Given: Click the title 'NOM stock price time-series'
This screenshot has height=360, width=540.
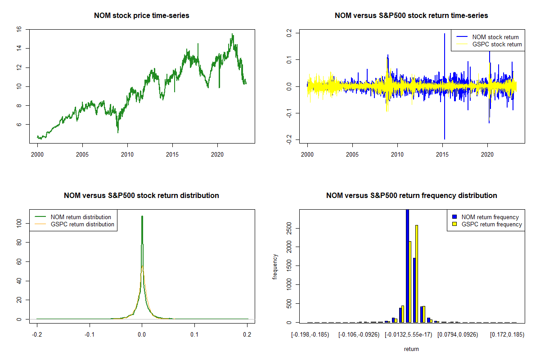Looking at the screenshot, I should [141, 16].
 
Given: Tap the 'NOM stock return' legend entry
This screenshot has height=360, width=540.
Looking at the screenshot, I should [495, 37].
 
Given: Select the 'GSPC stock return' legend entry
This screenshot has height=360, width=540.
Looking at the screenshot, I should [497, 45].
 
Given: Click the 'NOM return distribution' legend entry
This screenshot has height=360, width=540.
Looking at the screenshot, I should [81, 217].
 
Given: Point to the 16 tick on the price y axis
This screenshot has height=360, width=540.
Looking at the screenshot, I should [19, 29].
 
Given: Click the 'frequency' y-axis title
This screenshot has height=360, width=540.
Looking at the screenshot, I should [275, 266].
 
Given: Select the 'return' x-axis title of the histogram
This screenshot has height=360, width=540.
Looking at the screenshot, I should [411, 349].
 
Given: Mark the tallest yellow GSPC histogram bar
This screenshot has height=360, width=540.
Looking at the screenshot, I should [417, 274].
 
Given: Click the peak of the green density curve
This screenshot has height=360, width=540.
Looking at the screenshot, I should [142, 216].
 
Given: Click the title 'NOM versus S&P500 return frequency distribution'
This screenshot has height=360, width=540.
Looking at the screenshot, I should [411, 196].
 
